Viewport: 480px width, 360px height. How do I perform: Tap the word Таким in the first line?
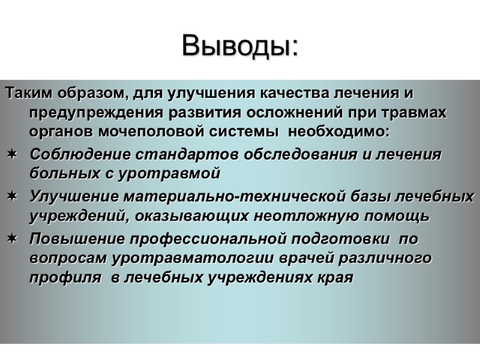tap(25, 94)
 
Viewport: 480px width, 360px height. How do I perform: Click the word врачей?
tap(298, 259)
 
